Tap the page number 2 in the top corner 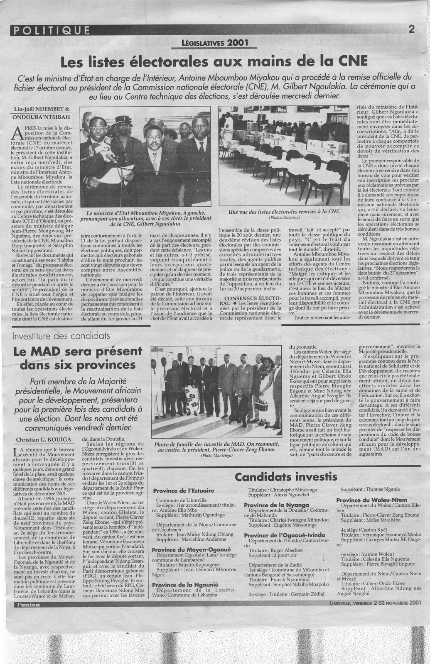[412, 29]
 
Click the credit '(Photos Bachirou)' [284, 217]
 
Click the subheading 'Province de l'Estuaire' [184, 491]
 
